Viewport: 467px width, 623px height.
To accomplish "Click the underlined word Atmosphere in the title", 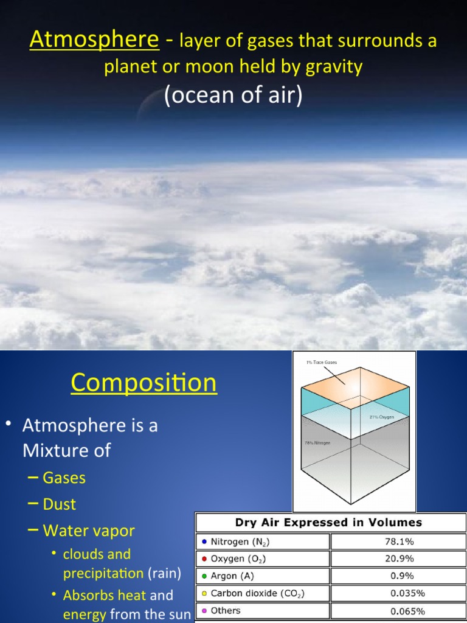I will tap(94, 40).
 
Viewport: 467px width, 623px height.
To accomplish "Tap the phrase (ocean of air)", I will tap(233, 96).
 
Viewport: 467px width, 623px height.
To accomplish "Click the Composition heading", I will tap(144, 383).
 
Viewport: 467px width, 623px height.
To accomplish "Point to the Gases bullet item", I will tap(64, 478).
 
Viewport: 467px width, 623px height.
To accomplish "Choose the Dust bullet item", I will tap(60, 504).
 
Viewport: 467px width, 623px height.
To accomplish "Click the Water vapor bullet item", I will tap(89, 531).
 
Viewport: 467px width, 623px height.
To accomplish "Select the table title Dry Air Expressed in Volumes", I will tap(328, 522).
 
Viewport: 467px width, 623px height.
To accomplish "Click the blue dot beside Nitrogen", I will tap(204, 541).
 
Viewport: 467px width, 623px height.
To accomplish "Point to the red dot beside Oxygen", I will tap(204, 559).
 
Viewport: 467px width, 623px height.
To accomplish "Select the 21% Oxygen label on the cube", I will tap(382, 417).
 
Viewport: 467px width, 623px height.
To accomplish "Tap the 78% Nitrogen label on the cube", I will tap(317, 443).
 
